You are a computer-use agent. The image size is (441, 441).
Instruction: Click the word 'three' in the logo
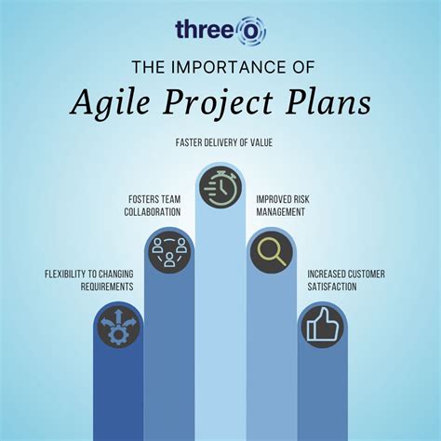[x=206, y=30]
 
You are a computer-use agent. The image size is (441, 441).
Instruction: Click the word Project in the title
[x=219, y=102]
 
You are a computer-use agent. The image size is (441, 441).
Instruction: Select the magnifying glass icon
[x=271, y=251]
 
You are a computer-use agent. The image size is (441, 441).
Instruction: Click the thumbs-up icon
[x=322, y=327]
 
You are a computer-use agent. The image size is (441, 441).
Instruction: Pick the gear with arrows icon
[x=119, y=331]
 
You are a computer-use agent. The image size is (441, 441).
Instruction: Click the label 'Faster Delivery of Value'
[x=220, y=143]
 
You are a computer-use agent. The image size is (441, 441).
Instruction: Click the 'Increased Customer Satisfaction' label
[x=344, y=280]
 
